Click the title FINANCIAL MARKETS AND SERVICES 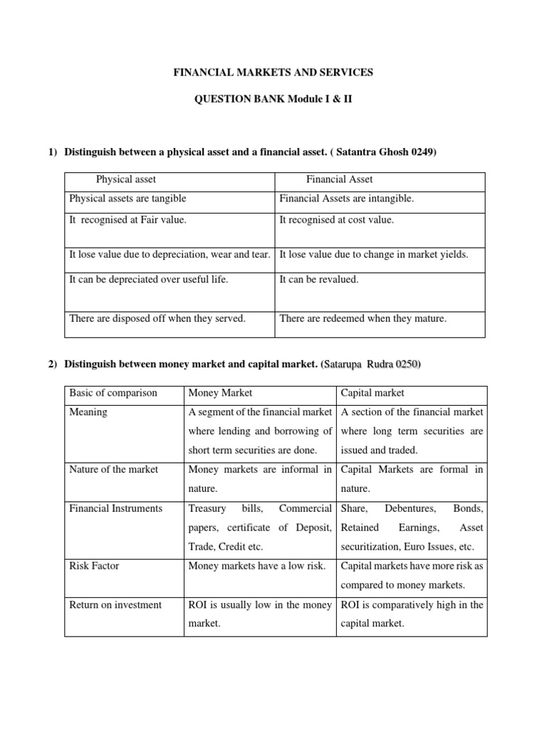274,73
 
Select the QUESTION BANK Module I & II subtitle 274,100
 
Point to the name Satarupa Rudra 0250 372,365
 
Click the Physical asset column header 126,179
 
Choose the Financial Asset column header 340,179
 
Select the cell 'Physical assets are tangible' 127,199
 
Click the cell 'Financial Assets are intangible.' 346,199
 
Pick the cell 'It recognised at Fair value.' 127,220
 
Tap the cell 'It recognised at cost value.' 336,220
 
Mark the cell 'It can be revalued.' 319,279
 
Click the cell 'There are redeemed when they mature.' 363,318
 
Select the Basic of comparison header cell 113,393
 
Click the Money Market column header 221,393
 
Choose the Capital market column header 373,393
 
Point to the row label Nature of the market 114,469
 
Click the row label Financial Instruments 116,508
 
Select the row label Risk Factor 94,566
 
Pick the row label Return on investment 115,604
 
